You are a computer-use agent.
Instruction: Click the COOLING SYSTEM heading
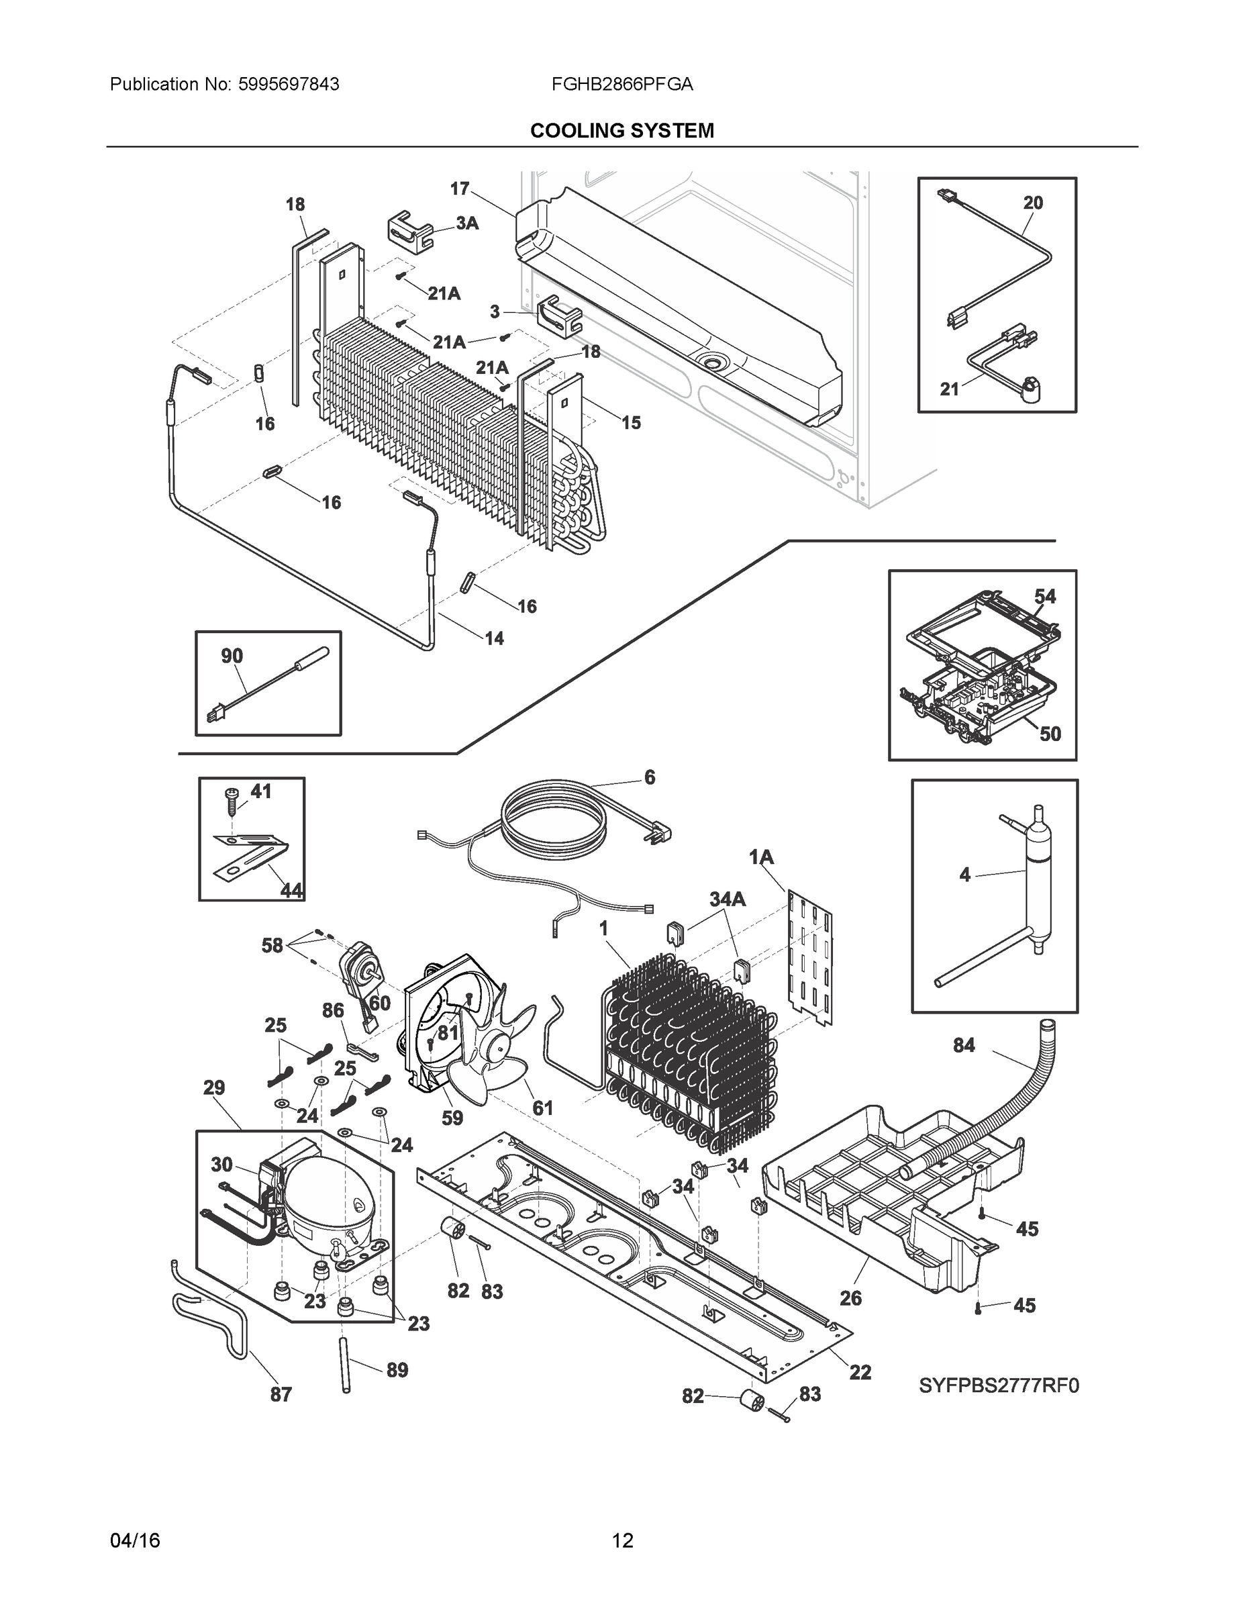click(x=621, y=131)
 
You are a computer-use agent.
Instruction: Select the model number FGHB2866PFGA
click(x=621, y=85)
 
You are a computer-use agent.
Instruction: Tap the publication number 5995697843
click(x=289, y=85)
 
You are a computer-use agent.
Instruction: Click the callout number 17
click(x=460, y=189)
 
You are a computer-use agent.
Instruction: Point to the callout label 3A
click(x=467, y=223)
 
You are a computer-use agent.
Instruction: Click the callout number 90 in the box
click(x=232, y=656)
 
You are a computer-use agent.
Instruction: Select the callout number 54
click(x=1044, y=596)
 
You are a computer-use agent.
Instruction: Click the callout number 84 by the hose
click(x=963, y=1045)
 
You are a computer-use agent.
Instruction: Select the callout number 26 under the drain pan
click(x=850, y=1298)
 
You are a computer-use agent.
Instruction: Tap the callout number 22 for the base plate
click(x=860, y=1372)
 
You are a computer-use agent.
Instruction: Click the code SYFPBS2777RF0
click(x=998, y=1386)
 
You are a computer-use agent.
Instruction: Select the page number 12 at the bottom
click(x=623, y=1541)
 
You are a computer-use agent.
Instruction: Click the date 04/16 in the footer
click(x=135, y=1541)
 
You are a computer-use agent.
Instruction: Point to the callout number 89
click(x=397, y=1370)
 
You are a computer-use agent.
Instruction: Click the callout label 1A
click(x=761, y=857)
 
